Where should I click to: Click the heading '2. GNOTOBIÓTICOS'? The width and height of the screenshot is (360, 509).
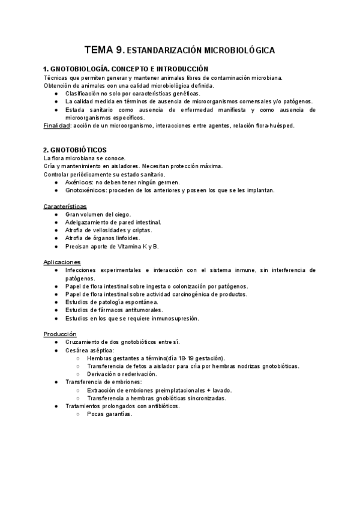coord(75,149)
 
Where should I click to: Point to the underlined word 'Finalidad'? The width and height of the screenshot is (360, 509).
coord(56,125)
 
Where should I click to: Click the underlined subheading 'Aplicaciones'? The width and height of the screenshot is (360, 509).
coord(62,262)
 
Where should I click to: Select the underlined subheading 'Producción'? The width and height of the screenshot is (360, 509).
coord(60,334)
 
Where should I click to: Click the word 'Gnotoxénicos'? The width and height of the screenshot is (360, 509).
coord(86,190)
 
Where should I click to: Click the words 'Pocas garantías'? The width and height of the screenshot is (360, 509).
coord(109,414)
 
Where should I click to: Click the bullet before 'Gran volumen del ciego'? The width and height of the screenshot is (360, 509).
coord(56,214)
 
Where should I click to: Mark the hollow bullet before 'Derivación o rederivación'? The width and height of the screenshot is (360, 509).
coord(79,374)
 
